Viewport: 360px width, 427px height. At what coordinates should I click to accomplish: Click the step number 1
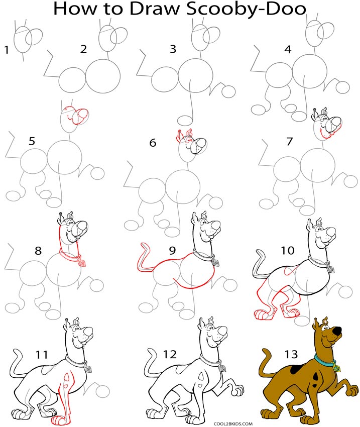pos(7,49)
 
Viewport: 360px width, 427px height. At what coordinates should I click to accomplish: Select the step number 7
pos(289,142)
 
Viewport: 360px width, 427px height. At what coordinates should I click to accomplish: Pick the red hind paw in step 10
pos(261,314)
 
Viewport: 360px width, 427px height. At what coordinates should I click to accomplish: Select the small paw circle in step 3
pos(228,91)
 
